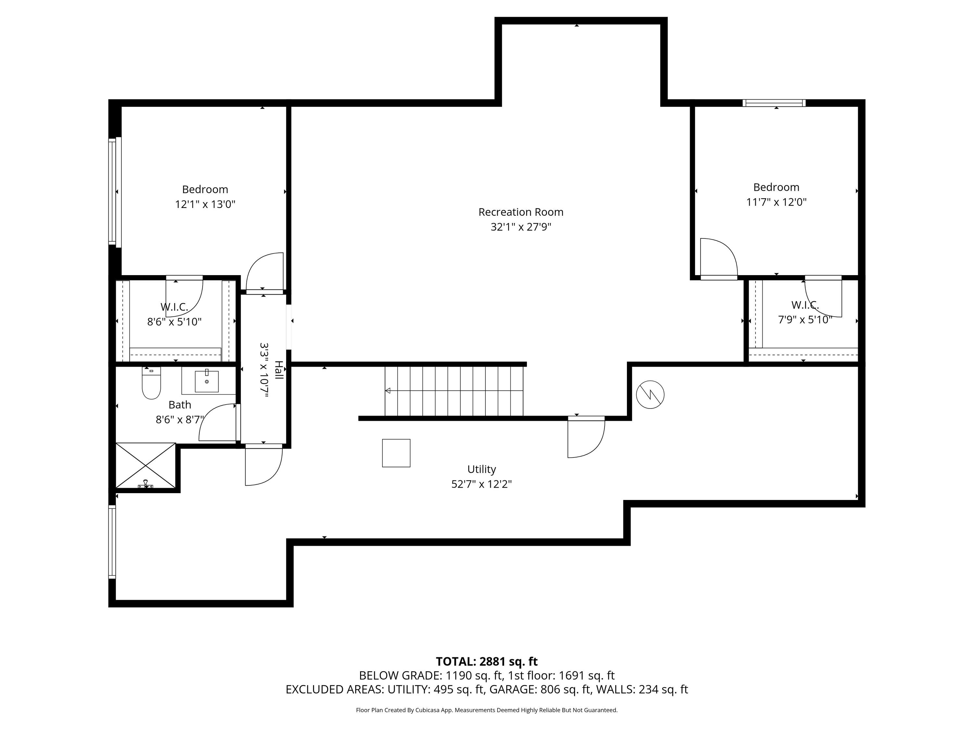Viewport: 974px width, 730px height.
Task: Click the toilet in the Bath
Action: [x=151, y=383]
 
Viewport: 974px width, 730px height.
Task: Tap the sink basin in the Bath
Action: [x=206, y=381]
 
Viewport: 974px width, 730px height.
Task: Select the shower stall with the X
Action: [x=146, y=466]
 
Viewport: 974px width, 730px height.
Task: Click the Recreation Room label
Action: [x=521, y=212]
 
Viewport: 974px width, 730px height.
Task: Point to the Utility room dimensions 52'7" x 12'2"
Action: [x=481, y=484]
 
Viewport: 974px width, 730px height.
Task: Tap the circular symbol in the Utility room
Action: [x=650, y=394]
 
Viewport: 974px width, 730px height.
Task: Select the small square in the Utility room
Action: [x=396, y=453]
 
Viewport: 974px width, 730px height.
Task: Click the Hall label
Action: [x=279, y=370]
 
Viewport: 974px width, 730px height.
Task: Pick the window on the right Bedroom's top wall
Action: [x=774, y=103]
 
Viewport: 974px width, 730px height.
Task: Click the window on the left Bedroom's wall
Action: [x=113, y=191]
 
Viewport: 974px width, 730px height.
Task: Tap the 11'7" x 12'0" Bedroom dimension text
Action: [x=776, y=202]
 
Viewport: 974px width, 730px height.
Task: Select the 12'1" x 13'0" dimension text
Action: [x=205, y=204]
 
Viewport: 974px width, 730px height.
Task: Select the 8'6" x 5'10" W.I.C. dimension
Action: [x=174, y=322]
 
